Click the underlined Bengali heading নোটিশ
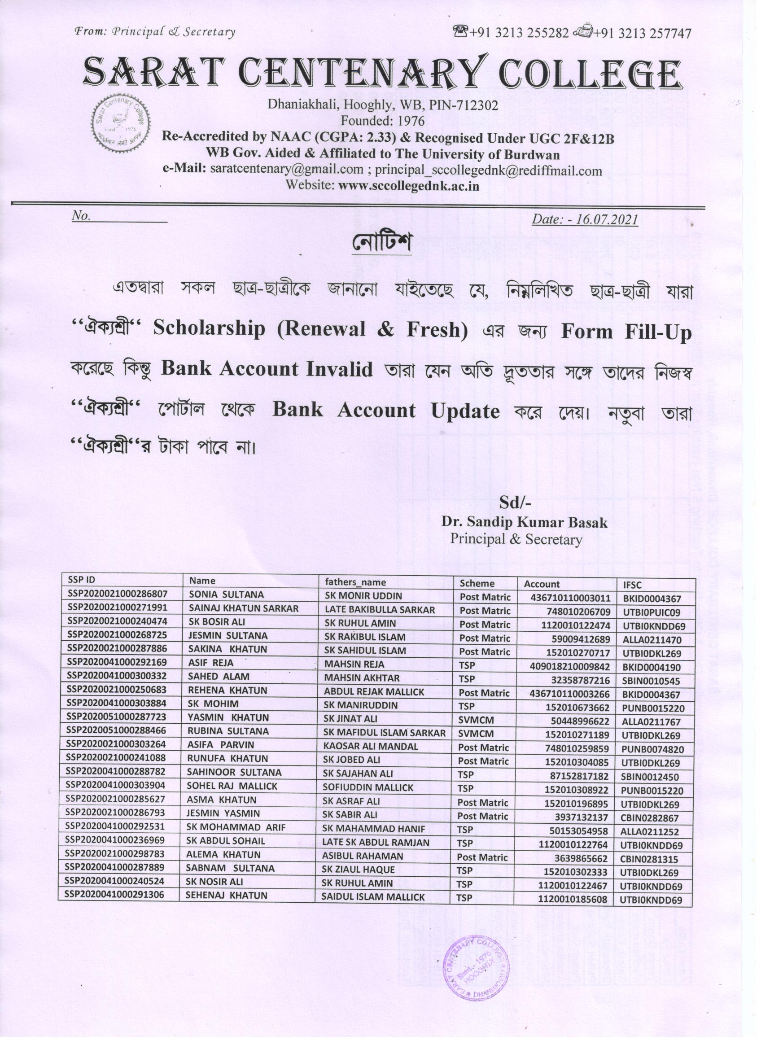(x=382, y=243)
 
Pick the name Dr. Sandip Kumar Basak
(x=524, y=522)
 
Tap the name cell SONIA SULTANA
(x=226, y=595)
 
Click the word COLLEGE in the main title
(x=593, y=73)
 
